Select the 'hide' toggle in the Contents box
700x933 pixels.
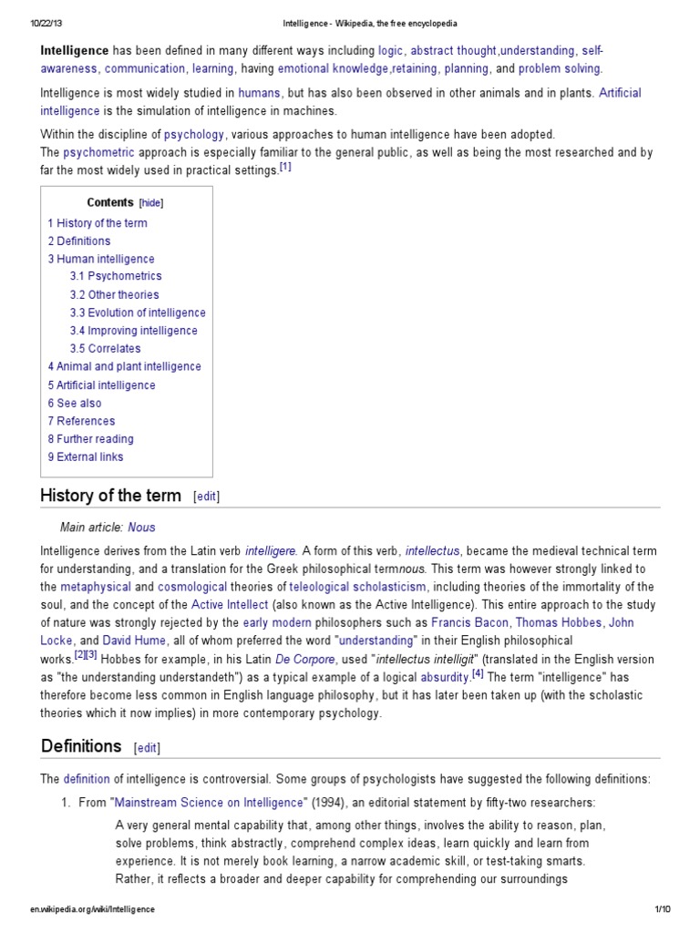point(151,203)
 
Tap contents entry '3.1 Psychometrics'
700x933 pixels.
point(116,276)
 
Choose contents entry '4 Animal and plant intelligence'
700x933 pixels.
point(124,366)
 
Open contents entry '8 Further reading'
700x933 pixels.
point(90,439)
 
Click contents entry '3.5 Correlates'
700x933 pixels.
point(105,348)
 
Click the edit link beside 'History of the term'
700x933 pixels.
point(206,497)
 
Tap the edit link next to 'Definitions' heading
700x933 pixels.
point(146,747)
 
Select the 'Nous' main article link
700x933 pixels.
point(142,528)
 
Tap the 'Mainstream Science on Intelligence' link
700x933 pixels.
point(208,803)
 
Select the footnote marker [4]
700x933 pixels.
point(478,674)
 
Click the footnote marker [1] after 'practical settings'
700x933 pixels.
point(285,168)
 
